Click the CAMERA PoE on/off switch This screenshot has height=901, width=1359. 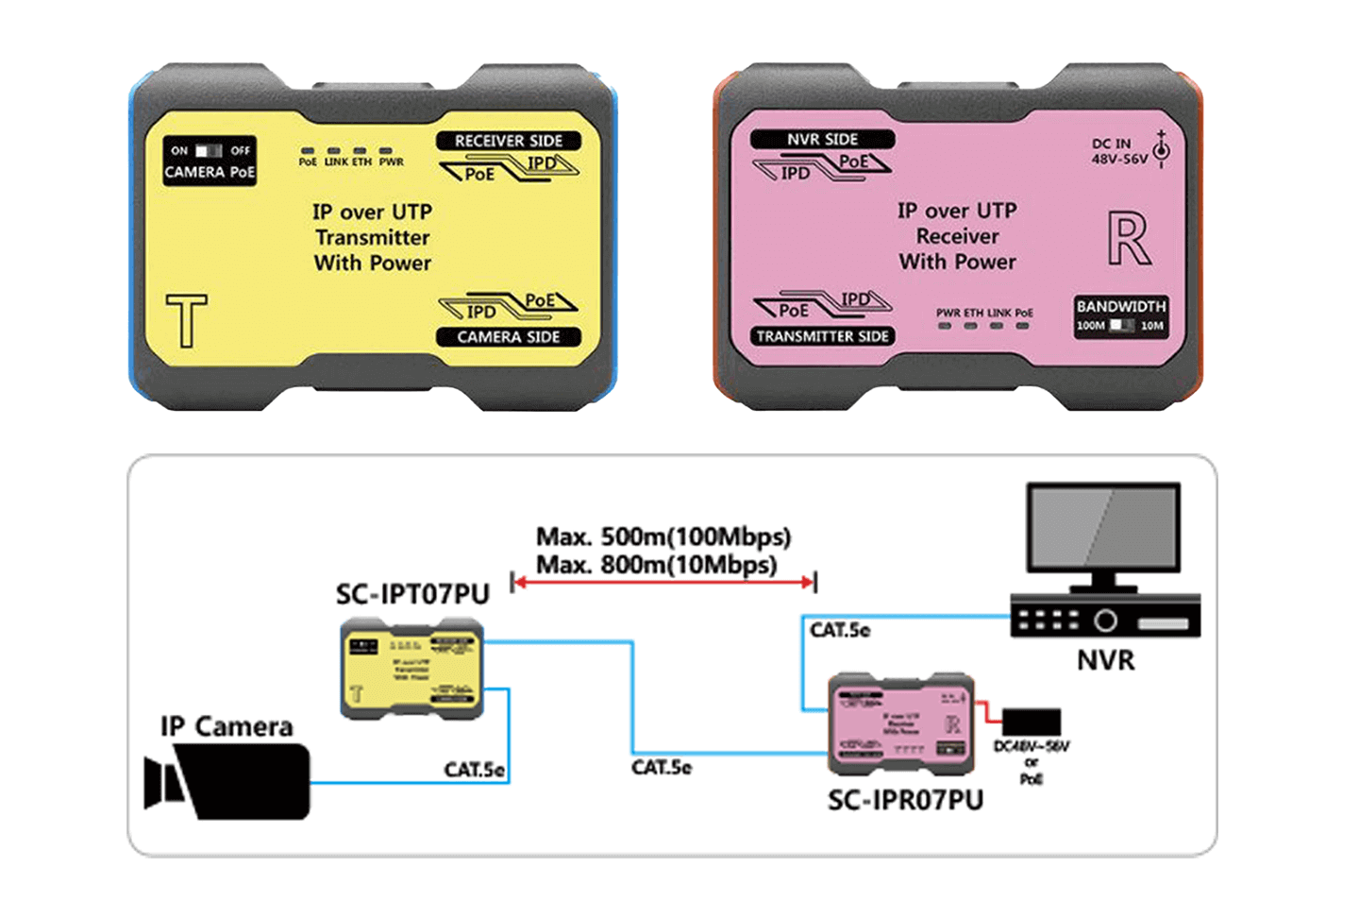coord(209,151)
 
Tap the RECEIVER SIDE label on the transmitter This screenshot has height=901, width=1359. coord(508,141)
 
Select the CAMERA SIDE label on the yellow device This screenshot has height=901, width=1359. coord(508,337)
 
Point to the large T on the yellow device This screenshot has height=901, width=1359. coord(186,320)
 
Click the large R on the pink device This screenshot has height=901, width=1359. coord(1128,239)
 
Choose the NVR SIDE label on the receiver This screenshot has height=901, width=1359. coord(822,139)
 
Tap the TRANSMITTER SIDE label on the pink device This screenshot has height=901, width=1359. coord(822,336)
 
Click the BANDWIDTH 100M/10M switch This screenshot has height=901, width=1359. coord(1121,326)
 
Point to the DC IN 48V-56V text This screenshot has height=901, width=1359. coord(1118,151)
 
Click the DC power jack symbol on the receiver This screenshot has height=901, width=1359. coord(1162,150)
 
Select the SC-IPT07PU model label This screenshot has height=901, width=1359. coord(412,594)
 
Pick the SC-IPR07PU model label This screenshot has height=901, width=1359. coord(905,800)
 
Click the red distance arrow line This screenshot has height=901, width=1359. coord(663,583)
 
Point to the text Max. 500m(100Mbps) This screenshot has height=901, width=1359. coord(663,536)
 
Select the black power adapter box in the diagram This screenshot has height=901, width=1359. coord(1031,722)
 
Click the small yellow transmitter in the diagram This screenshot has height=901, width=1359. coord(411,670)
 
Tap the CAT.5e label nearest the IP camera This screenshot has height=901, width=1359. coord(474,770)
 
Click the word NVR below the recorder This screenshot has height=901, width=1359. coord(1105,660)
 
